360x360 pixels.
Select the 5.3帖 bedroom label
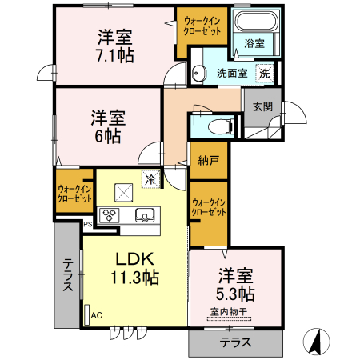click(235, 294)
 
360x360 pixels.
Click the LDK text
click(135, 260)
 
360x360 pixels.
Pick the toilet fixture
click(218, 126)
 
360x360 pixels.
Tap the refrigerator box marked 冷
click(150, 179)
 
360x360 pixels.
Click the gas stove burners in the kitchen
click(110, 214)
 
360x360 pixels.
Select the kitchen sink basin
click(145, 214)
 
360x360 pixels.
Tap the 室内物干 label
click(230, 312)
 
